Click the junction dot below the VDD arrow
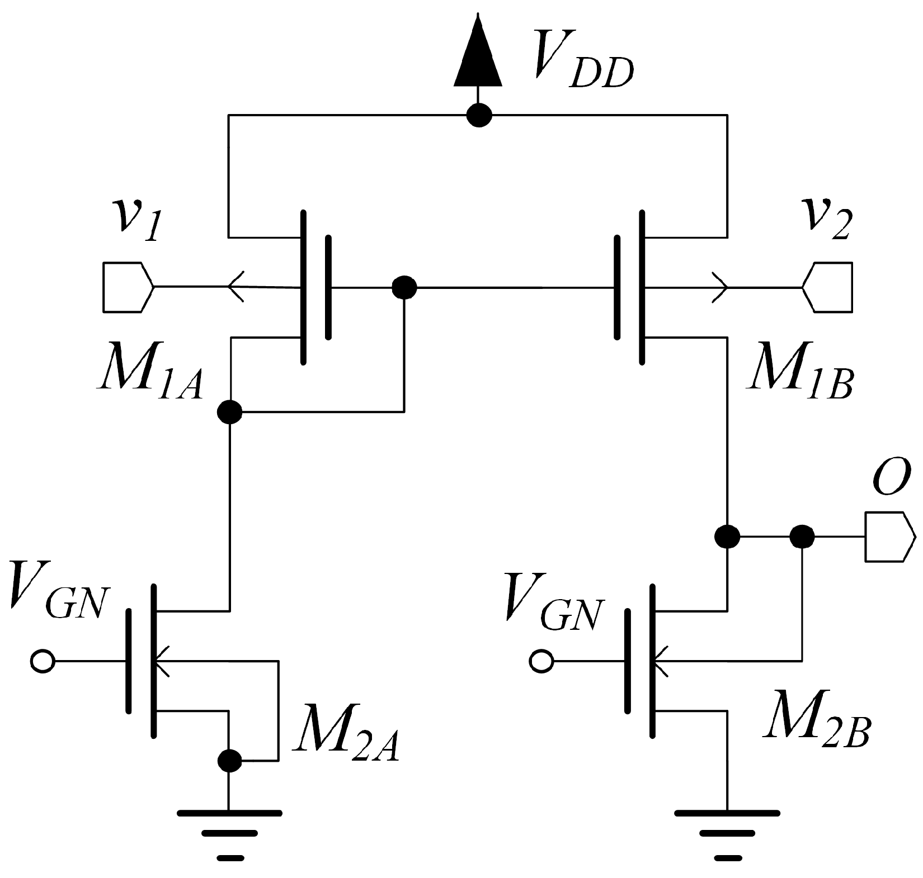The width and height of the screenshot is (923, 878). pyautogui.click(x=479, y=116)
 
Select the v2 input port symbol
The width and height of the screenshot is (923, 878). pyautogui.click(x=828, y=287)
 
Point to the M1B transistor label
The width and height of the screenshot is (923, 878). pyautogui.click(x=800, y=379)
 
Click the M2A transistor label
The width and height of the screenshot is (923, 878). pyautogui.click(x=347, y=741)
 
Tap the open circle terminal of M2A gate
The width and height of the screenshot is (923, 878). pyautogui.click(x=42, y=661)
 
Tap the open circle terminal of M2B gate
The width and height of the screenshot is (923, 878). pyautogui.click(x=540, y=661)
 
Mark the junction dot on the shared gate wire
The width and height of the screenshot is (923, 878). pyautogui.click(x=404, y=288)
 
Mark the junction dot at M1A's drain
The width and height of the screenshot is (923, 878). pyautogui.click(x=229, y=412)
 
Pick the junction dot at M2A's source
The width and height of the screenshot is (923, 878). pyautogui.click(x=229, y=760)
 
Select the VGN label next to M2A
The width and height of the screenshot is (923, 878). pyautogui.click(x=56, y=601)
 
